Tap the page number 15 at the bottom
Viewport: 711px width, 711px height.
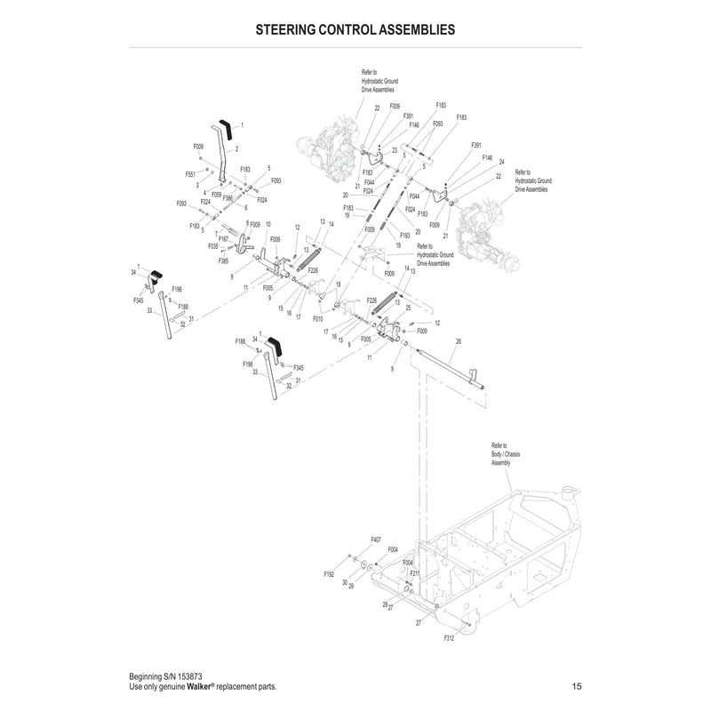point(578,687)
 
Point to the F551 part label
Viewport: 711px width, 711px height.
point(190,174)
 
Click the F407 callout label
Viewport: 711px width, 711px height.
point(376,539)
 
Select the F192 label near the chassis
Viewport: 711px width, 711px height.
point(330,575)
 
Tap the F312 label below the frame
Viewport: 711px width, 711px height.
point(448,638)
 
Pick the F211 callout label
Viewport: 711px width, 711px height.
point(414,573)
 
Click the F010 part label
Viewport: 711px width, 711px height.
point(318,316)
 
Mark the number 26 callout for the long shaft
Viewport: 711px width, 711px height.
point(459,341)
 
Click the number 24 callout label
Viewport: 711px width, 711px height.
point(501,162)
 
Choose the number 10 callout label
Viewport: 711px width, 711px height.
point(268,224)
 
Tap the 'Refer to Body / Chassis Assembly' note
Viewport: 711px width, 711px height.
point(505,454)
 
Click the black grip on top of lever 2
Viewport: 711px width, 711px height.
point(226,130)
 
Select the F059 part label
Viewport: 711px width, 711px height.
point(217,194)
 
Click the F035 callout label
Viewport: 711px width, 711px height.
point(213,245)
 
